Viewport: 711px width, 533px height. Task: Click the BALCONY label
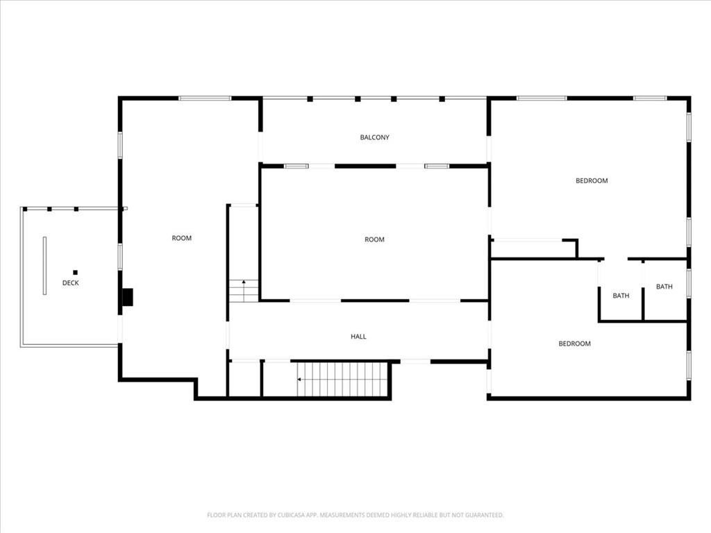coord(374,137)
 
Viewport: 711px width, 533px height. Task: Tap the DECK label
coord(70,283)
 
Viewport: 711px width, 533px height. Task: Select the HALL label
coord(358,337)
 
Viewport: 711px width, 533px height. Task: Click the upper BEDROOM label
coord(592,180)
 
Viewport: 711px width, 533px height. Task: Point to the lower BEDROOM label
coord(574,344)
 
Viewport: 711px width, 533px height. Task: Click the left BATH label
coord(621,296)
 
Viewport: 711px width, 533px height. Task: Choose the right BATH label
coord(664,287)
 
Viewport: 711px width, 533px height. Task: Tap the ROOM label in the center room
coord(374,239)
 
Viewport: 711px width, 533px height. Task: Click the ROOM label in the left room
coord(181,238)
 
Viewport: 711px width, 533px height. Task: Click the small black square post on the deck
coord(75,273)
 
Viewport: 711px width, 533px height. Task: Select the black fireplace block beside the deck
coord(128,297)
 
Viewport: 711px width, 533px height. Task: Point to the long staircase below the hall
coord(342,380)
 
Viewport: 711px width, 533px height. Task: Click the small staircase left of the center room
coord(244,291)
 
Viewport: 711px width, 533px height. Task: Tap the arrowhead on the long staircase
coord(299,380)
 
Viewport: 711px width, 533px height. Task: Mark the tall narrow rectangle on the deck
coord(45,266)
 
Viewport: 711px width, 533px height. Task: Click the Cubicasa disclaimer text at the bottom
coord(355,515)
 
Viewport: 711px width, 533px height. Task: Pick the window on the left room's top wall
coord(205,98)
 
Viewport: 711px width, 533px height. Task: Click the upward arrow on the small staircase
coord(244,282)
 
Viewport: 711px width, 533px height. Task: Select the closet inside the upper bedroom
coord(533,248)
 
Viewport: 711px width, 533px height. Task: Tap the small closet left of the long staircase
coord(244,379)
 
